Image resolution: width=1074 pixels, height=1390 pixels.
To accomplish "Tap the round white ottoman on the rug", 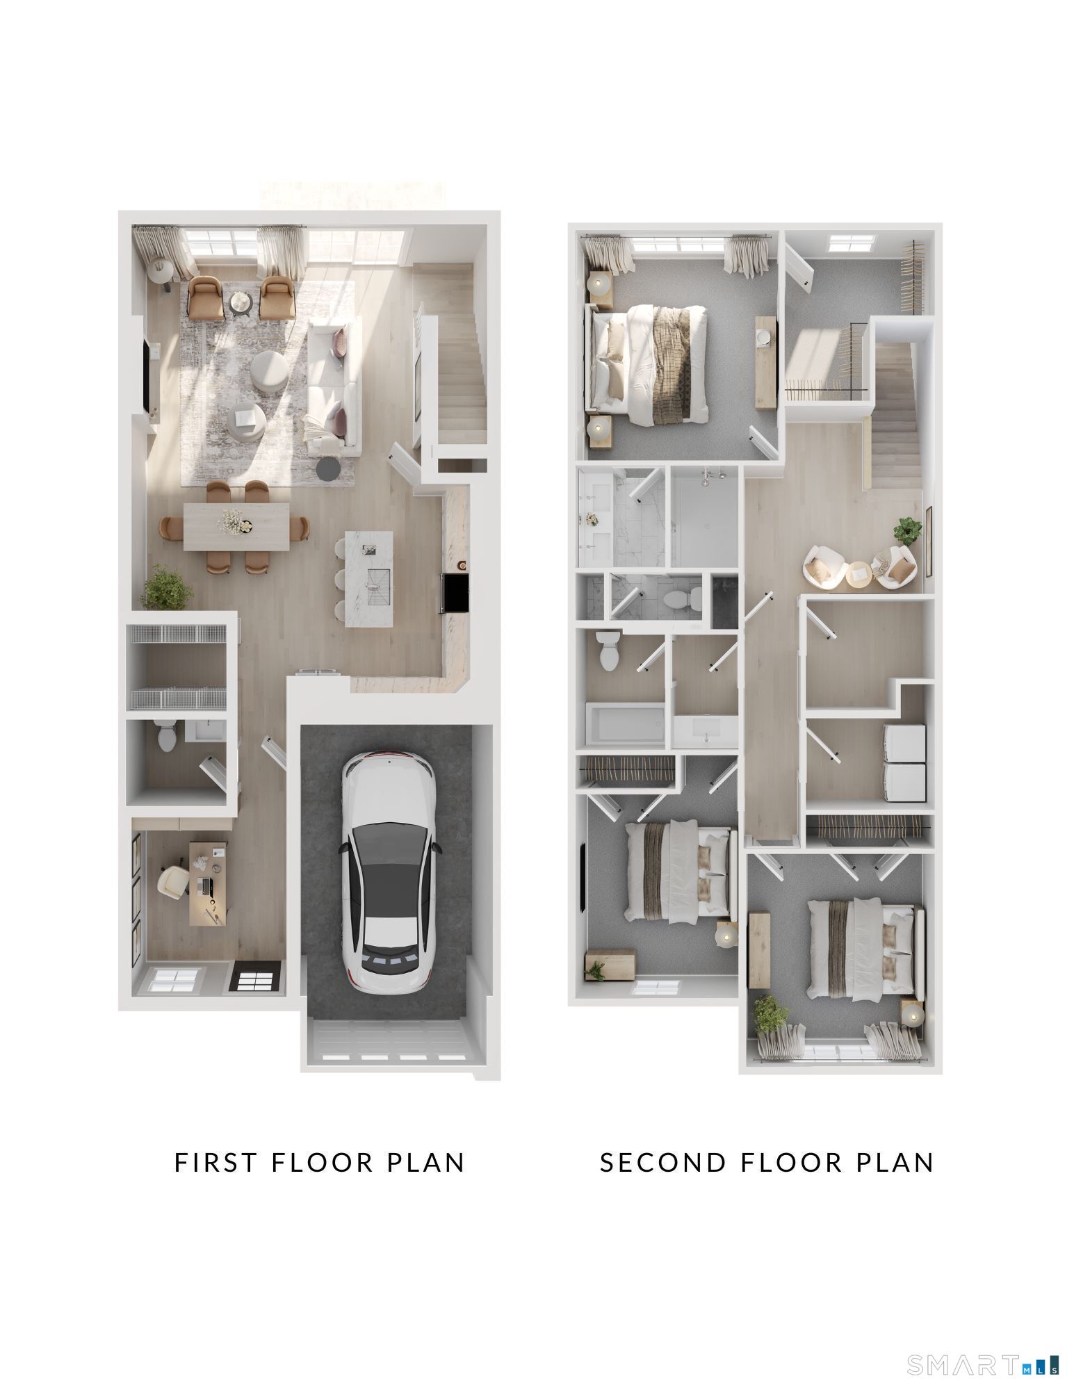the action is click(x=270, y=369).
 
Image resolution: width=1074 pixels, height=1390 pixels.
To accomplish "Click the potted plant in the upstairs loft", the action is click(x=907, y=531).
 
